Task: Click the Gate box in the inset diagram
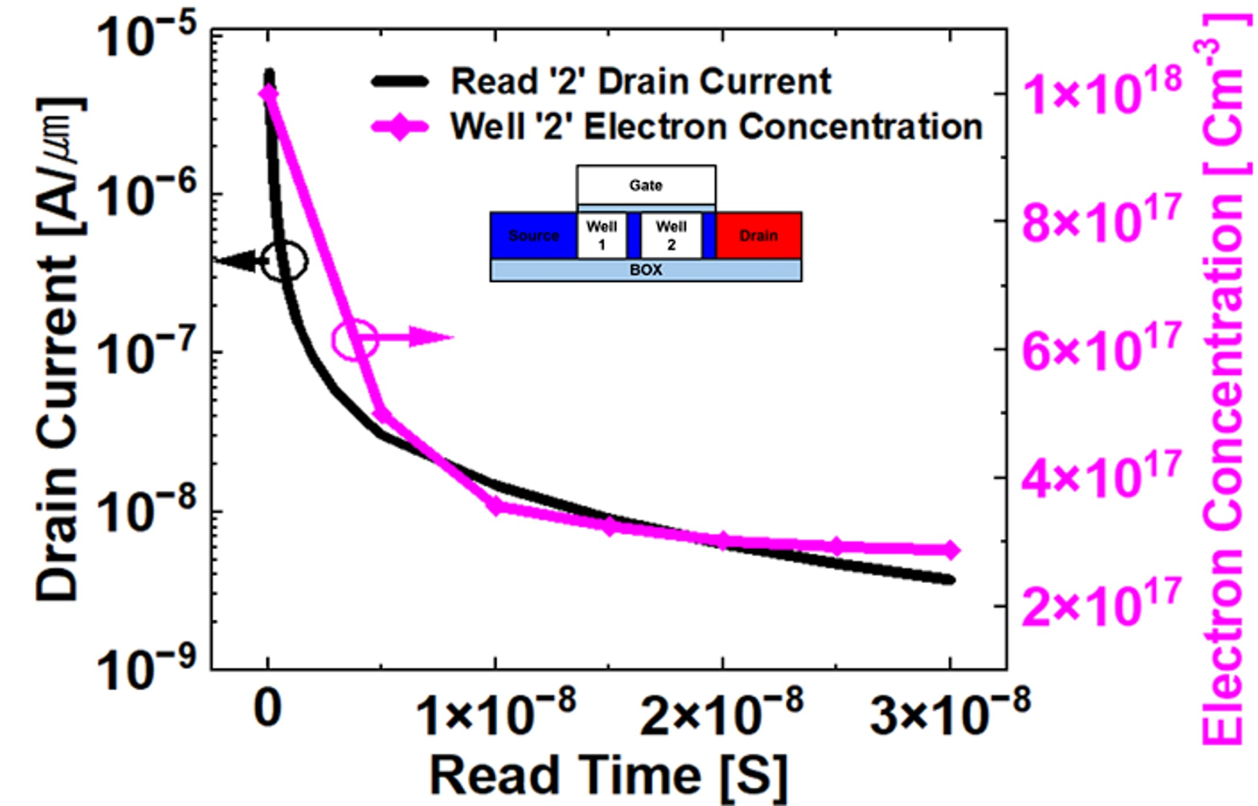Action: (646, 185)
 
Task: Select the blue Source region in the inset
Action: (533, 235)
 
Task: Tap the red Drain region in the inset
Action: (758, 235)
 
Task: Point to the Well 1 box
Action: (601, 235)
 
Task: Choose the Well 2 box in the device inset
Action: (671, 235)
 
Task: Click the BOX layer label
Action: (646, 270)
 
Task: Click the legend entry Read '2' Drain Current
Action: (640, 81)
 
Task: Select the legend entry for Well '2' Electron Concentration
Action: (716, 126)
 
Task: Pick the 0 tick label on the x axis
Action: (268, 709)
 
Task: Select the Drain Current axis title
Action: (58, 351)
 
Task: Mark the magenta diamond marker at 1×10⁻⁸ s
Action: (495, 506)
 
